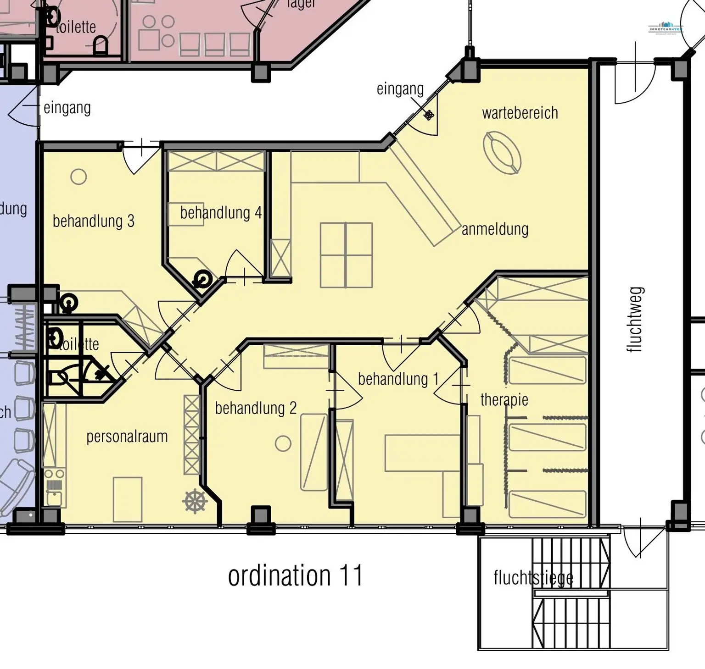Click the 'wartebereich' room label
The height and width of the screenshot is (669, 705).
pyautogui.click(x=520, y=113)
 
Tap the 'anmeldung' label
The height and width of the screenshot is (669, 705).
pyautogui.click(x=495, y=229)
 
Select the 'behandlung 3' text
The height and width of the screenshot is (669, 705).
pyautogui.click(x=93, y=221)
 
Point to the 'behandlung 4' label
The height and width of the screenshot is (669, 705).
pyautogui.click(x=220, y=213)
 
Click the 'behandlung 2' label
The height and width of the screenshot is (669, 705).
pyautogui.click(x=256, y=408)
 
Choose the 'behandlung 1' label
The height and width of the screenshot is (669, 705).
pyautogui.click(x=398, y=379)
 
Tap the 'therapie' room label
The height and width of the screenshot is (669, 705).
pyautogui.click(x=504, y=400)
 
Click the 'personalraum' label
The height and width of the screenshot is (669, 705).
pyautogui.click(x=127, y=437)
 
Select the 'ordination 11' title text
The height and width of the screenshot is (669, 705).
pyautogui.click(x=295, y=575)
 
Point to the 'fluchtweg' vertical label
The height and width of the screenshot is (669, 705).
pyautogui.click(x=635, y=320)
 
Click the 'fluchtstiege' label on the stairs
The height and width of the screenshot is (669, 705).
pyautogui.click(x=533, y=578)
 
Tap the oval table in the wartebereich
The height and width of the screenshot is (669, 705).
pyautogui.click(x=502, y=153)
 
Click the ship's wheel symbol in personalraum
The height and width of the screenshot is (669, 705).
pyautogui.click(x=195, y=501)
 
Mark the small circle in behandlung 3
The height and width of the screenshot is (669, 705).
pyautogui.click(x=78, y=177)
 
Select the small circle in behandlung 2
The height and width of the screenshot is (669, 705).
pyautogui.click(x=283, y=443)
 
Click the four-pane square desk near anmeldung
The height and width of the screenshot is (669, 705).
pyautogui.click(x=346, y=255)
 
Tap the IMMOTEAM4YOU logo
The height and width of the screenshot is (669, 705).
pyautogui.click(x=666, y=28)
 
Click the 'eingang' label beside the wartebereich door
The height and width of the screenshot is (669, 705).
pyautogui.click(x=400, y=89)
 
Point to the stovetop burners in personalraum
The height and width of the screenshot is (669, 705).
pyautogui.click(x=54, y=474)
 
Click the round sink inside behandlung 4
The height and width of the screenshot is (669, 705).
pyautogui.click(x=202, y=278)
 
